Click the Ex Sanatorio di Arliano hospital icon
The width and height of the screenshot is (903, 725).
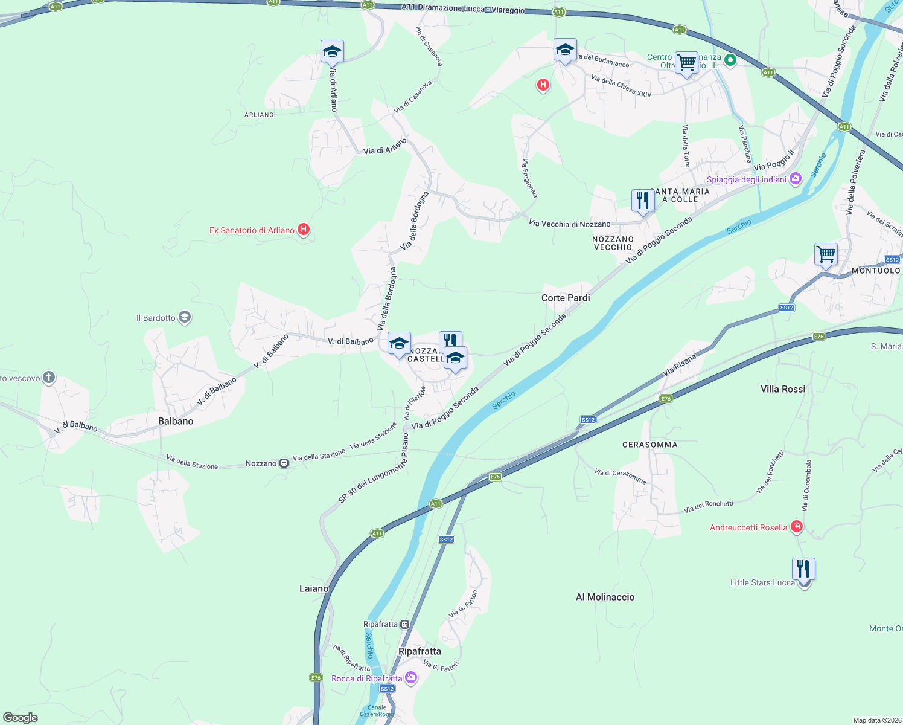coord(304,230)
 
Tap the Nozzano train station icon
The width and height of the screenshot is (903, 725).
coord(284,463)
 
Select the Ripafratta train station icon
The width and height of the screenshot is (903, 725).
coord(404,624)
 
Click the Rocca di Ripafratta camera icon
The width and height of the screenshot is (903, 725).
coord(411,678)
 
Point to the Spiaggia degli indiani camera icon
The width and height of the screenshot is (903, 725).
coord(796,179)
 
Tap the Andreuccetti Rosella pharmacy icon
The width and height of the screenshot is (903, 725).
coord(797,527)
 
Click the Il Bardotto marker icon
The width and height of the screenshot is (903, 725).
coord(185,317)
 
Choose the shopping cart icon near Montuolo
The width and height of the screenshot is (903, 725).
coord(825,254)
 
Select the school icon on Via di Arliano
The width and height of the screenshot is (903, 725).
coord(332,52)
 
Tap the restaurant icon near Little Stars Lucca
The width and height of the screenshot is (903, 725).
coord(803,569)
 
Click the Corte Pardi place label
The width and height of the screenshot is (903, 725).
coord(566,298)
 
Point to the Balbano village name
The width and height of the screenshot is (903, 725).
coord(176,421)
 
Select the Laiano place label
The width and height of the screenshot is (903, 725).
coord(314,588)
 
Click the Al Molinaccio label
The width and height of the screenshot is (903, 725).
coord(605,597)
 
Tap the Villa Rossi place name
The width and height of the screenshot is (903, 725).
coord(783,389)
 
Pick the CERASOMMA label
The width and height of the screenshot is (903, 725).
coord(649,445)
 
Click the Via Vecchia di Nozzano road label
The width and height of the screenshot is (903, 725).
coord(569,224)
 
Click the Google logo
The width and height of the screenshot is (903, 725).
coord(21,718)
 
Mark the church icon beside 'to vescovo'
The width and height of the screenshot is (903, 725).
coord(49,378)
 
